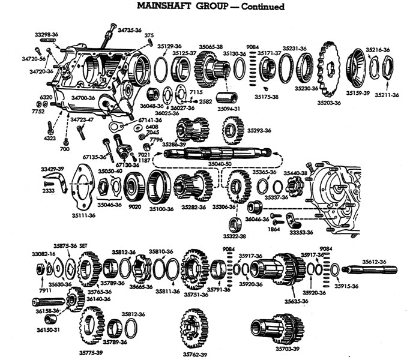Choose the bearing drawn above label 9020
133,188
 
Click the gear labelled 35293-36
232,130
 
